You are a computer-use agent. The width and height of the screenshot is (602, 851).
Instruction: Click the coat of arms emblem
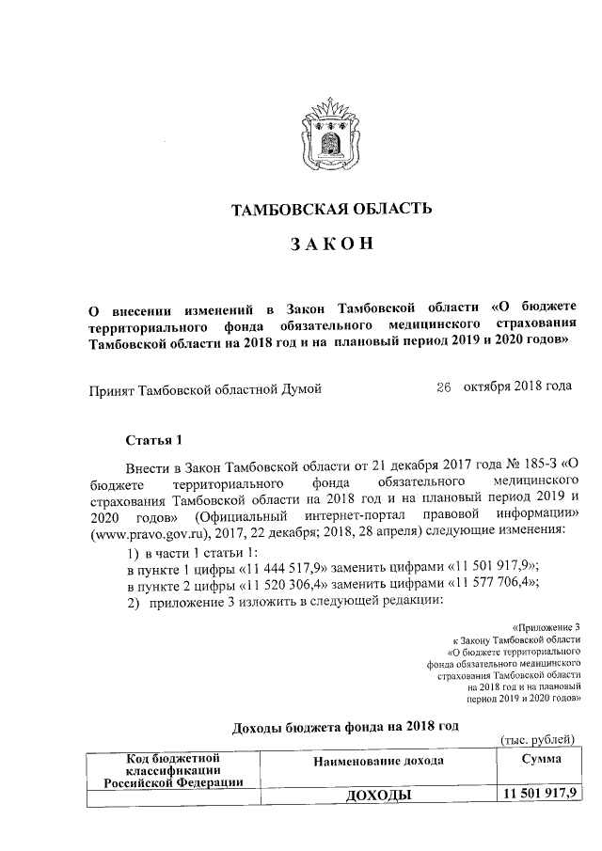click(x=331, y=138)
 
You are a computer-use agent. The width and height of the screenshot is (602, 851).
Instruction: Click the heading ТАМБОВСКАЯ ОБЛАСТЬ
click(x=332, y=209)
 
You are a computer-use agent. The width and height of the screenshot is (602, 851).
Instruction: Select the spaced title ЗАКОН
click(x=332, y=244)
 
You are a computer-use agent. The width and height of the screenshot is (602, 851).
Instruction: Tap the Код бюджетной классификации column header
click(x=173, y=768)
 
